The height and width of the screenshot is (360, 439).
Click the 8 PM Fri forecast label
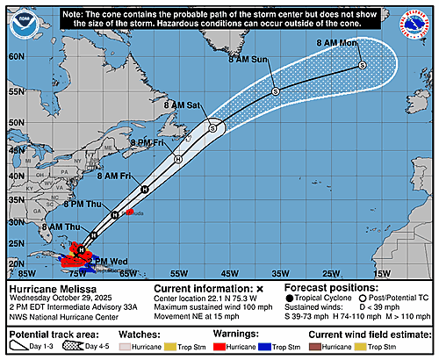click(148, 142)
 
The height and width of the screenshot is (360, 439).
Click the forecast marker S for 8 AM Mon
click(362, 66)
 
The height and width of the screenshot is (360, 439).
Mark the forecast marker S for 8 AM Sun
click(275, 91)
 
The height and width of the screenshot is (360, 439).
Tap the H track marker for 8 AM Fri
click(144, 189)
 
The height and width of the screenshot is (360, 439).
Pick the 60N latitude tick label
click(16, 54)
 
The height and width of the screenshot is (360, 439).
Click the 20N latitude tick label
click(16, 263)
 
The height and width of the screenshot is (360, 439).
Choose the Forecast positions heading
click(342, 289)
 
